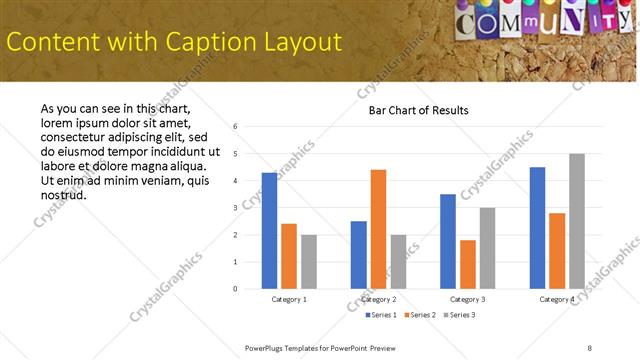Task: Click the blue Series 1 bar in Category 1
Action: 269,231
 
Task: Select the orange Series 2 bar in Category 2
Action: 378,229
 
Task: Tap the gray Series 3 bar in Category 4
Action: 577,221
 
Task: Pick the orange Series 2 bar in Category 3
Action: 467,264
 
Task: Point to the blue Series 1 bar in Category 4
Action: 537,228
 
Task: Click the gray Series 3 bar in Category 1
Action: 309,262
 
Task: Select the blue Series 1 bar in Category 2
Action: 358,255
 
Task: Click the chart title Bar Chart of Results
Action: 411,110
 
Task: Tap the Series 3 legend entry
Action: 459,315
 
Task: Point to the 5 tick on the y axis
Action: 234,154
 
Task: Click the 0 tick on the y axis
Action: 234,289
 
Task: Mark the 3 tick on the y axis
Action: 234,208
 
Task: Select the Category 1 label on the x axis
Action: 289,299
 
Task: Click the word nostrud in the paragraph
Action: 64,194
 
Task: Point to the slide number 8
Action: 589,347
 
